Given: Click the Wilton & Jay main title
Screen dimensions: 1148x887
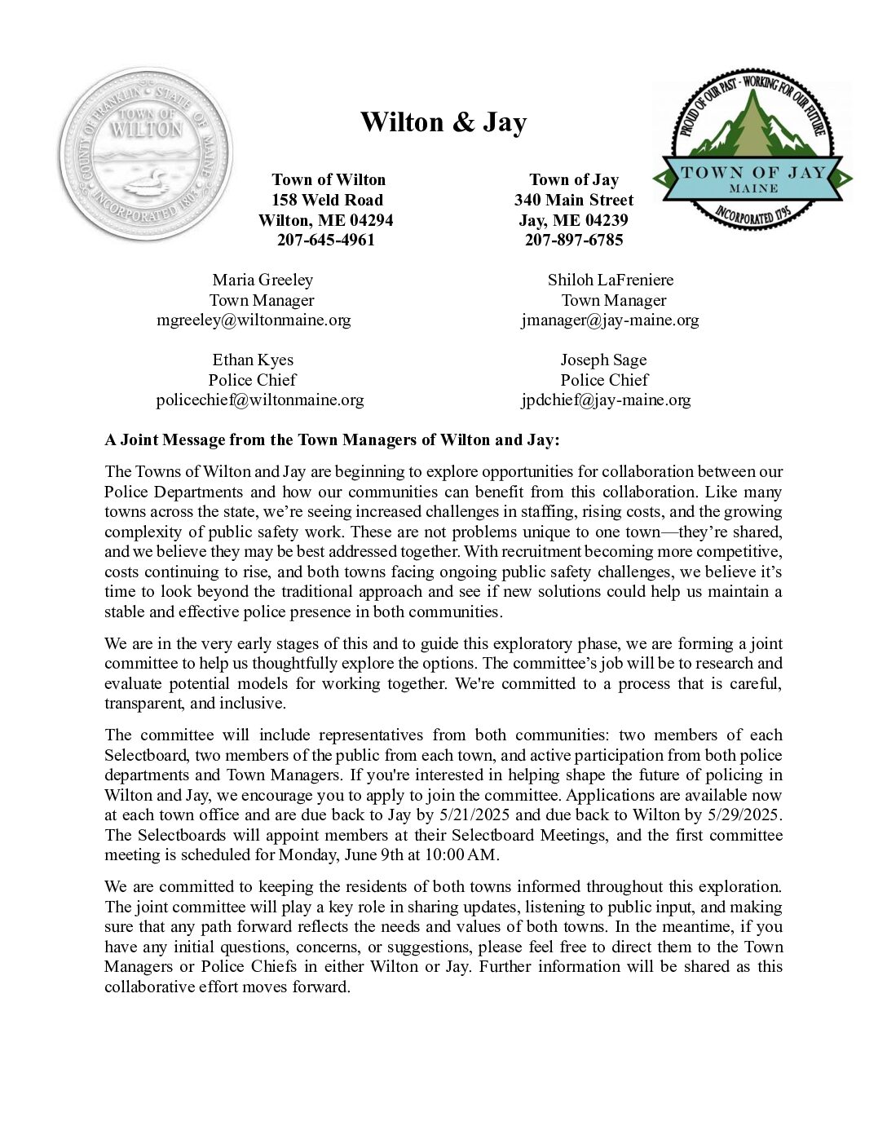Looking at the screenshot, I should coord(443,122).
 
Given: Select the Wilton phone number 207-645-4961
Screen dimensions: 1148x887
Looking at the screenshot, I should coord(326,241).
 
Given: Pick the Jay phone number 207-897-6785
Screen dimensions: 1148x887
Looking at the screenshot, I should coord(574,241).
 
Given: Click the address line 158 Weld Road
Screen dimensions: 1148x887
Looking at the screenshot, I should coord(328,200).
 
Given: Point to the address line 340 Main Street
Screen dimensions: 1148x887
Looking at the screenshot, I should coord(574,200).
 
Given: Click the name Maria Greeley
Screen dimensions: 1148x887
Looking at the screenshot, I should coord(263,280).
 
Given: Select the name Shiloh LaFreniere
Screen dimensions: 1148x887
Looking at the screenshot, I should coord(611,280).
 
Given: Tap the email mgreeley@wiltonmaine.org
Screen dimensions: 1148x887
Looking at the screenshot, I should coord(254,320).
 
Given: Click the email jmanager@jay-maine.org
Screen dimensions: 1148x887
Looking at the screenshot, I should coord(610,320).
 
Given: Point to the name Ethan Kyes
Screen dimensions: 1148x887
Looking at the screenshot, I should coord(253,360).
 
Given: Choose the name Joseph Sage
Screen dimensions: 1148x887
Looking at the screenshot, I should coord(603,360).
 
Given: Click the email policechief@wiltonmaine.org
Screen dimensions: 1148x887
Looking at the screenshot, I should coord(260,400).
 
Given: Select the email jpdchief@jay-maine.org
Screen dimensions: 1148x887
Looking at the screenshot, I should coord(606,400).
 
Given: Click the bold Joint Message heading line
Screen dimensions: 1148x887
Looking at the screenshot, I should coord(333,440).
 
